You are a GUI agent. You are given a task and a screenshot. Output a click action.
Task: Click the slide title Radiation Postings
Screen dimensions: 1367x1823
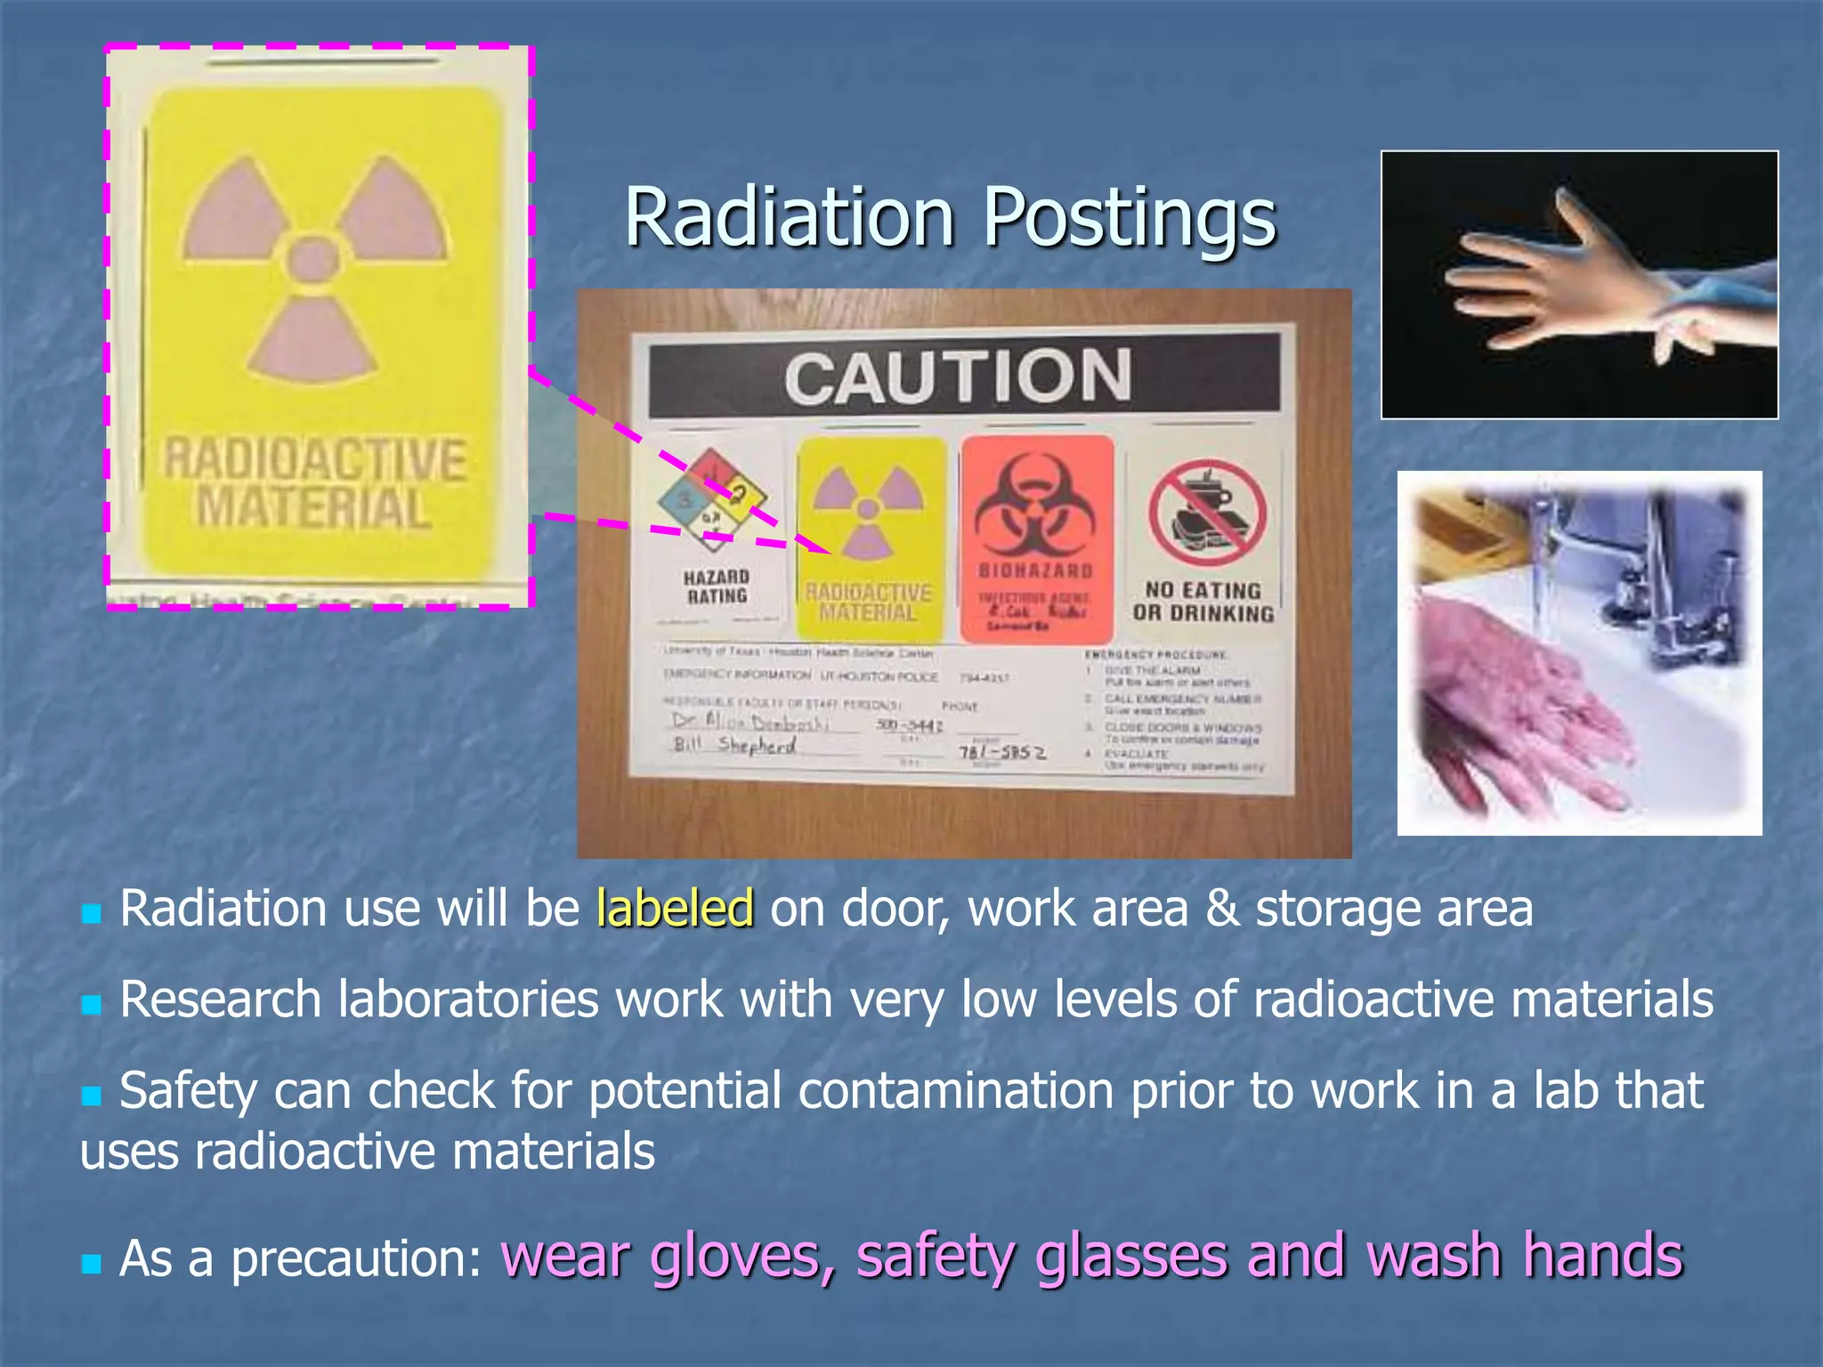pos(950,217)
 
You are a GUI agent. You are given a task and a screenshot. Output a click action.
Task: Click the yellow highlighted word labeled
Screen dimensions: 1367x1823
pos(675,909)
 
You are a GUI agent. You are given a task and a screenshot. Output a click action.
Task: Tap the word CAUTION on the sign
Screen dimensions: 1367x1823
pos(958,377)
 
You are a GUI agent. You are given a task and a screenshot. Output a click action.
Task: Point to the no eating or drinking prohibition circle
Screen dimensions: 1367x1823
pos(1206,514)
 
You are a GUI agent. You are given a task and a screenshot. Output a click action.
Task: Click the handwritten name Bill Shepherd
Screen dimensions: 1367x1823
pos(735,745)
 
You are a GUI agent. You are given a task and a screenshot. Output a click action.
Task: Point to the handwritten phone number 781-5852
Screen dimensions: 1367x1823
pos(1001,753)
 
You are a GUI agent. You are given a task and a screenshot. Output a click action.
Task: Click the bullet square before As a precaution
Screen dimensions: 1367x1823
pos(91,1264)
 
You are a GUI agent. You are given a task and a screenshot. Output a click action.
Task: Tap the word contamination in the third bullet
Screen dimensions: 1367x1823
pos(955,1091)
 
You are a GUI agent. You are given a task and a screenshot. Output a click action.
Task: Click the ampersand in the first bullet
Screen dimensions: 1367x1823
pos(1221,909)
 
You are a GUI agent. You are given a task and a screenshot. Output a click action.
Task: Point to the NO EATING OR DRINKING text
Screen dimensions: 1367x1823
pos(1203,602)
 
